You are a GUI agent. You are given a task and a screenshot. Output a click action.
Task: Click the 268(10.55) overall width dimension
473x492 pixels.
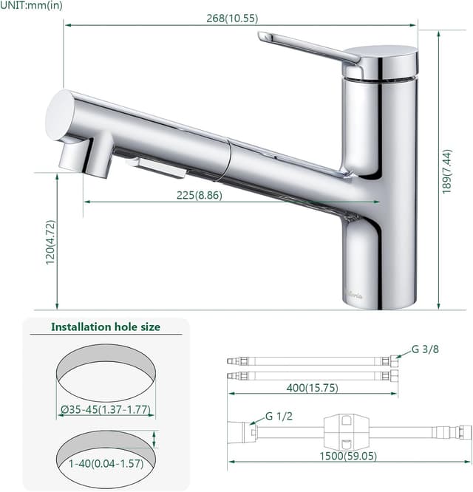232,18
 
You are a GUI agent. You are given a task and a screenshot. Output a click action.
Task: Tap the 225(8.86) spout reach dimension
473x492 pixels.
200,195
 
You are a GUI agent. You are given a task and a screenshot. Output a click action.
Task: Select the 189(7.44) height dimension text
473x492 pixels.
446,171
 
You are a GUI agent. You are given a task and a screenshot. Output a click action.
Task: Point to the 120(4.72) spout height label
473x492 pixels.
50,242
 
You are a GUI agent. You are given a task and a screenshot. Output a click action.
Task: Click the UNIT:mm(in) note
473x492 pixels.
31,5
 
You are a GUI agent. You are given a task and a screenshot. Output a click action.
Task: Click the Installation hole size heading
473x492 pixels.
106,327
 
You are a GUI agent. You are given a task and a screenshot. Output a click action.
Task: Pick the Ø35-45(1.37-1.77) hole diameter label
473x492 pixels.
106,409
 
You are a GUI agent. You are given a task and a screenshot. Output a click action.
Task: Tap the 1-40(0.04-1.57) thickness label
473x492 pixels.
106,463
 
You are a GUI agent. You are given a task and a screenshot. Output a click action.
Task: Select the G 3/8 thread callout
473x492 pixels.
425,349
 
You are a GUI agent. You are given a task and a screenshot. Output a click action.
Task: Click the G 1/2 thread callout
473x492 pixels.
279,416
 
